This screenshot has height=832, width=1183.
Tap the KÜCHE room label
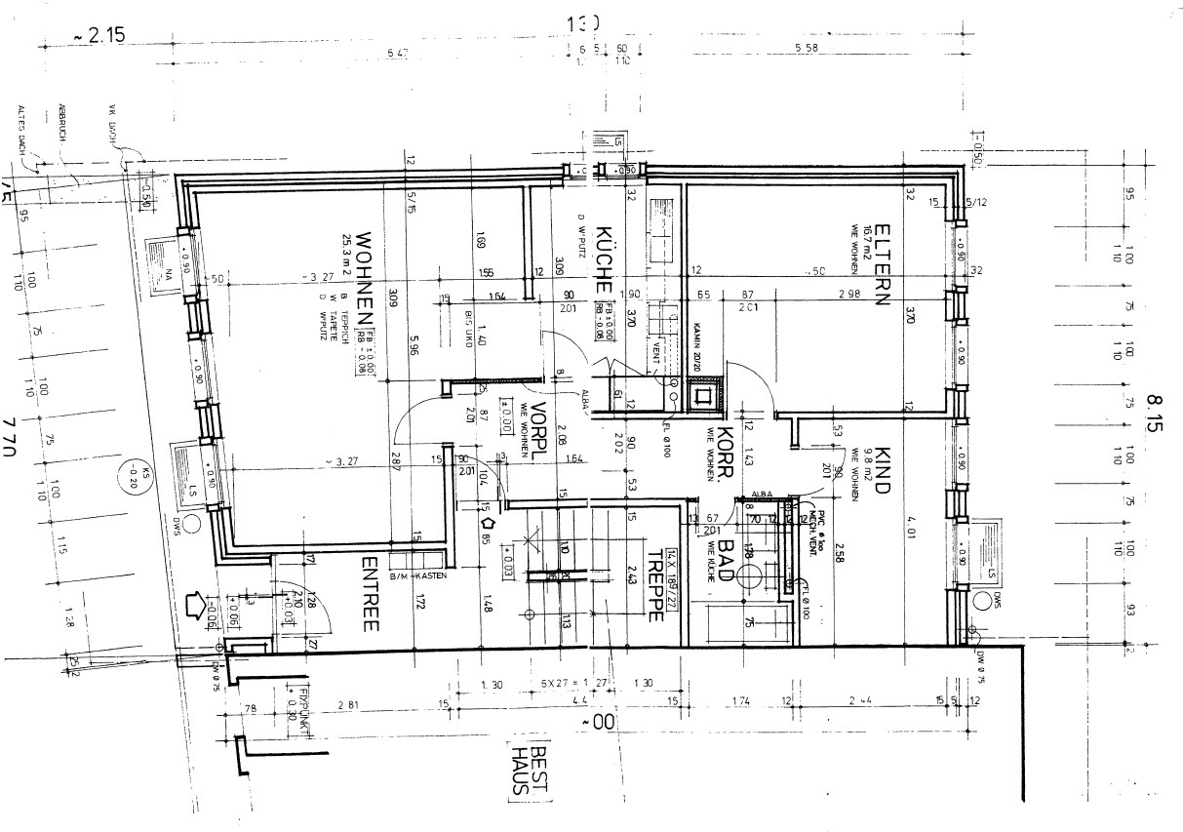click(x=603, y=259)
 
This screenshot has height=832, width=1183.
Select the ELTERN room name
click(x=882, y=264)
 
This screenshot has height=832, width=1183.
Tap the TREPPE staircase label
click(x=654, y=585)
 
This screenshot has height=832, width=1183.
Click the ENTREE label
click(x=370, y=595)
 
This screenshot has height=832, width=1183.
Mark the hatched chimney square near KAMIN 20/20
click(x=702, y=396)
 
